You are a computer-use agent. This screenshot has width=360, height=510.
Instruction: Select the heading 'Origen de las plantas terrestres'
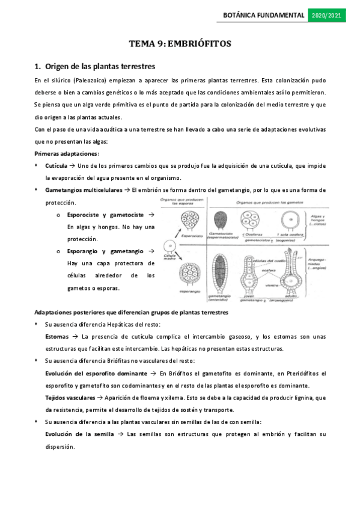click(x=100, y=66)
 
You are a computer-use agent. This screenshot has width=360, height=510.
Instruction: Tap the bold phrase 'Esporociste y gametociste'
click(x=106, y=215)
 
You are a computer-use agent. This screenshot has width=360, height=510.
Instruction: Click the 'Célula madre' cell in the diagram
click(x=169, y=246)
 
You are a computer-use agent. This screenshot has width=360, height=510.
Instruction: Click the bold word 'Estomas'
click(x=56, y=337)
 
